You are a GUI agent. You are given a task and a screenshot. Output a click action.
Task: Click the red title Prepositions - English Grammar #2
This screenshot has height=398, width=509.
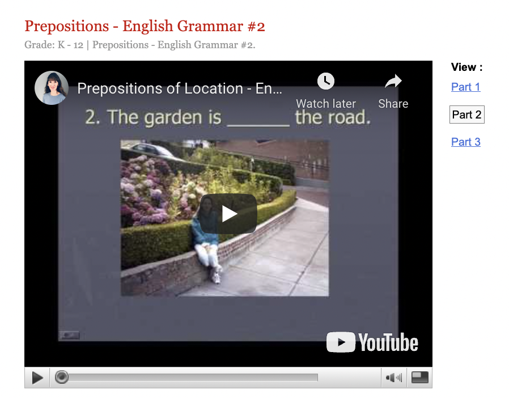coord(145,26)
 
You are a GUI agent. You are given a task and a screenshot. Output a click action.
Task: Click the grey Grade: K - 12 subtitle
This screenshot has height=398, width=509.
coord(139,45)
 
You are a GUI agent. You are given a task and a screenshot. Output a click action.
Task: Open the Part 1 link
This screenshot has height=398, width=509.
coord(465,87)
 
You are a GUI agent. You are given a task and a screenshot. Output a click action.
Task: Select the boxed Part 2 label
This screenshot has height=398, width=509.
coord(466,115)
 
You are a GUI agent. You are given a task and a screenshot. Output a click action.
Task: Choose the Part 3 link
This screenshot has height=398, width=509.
coord(465,142)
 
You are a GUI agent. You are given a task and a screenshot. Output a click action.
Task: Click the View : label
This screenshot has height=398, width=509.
coord(466,67)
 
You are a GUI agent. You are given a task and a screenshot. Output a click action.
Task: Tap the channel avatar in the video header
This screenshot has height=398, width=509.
coord(52,88)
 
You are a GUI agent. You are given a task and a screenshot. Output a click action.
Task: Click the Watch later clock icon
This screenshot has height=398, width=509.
coord(325,82)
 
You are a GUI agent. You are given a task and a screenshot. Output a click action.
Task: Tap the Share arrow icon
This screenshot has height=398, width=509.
coord(393,82)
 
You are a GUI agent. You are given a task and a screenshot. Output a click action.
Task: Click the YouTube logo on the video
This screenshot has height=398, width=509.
coord(372,342)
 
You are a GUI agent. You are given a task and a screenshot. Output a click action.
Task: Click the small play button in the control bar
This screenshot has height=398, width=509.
coord(37,378)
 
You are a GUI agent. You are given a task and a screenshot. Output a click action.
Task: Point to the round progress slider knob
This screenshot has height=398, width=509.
coord(62,377)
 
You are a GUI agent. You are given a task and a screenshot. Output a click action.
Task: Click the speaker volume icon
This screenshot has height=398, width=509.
coord(393,378)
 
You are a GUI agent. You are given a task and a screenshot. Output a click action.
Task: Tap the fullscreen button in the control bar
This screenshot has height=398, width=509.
coord(419,378)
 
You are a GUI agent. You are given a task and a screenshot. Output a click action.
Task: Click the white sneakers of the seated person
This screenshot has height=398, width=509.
coord(215,276)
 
